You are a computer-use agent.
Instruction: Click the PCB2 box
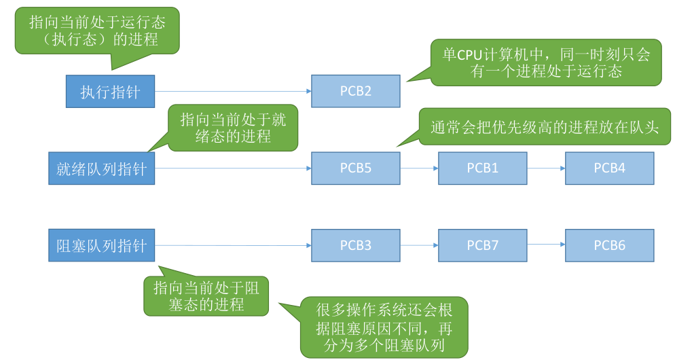356,91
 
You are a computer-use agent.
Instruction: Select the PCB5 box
356,168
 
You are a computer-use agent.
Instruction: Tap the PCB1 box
483,168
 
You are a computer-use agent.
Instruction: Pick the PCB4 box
610,168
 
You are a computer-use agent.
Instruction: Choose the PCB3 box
356,245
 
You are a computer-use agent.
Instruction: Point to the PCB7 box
483,245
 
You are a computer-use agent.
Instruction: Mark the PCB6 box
610,245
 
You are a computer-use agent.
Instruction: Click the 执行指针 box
110,91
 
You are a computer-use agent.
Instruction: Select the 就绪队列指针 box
102,168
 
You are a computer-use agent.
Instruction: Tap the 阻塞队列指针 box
102,245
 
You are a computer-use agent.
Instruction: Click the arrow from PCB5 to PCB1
419,168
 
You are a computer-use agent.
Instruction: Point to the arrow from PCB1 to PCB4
546,168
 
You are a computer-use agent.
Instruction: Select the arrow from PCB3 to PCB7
419,245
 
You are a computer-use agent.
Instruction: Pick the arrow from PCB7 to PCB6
546,244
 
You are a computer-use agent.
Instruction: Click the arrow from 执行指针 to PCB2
233,91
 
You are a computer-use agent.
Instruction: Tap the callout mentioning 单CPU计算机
546,62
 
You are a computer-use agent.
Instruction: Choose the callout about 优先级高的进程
545,126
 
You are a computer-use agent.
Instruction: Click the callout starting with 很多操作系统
384,327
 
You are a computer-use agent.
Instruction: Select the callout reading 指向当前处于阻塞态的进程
206,296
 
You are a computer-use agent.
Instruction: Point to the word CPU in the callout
469,55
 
